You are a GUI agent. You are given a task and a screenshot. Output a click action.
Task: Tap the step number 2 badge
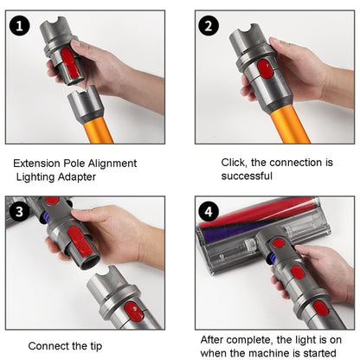tap(209, 25)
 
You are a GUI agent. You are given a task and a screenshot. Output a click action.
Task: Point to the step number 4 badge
tap(209, 211)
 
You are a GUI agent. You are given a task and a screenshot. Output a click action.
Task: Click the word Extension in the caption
tap(40, 163)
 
